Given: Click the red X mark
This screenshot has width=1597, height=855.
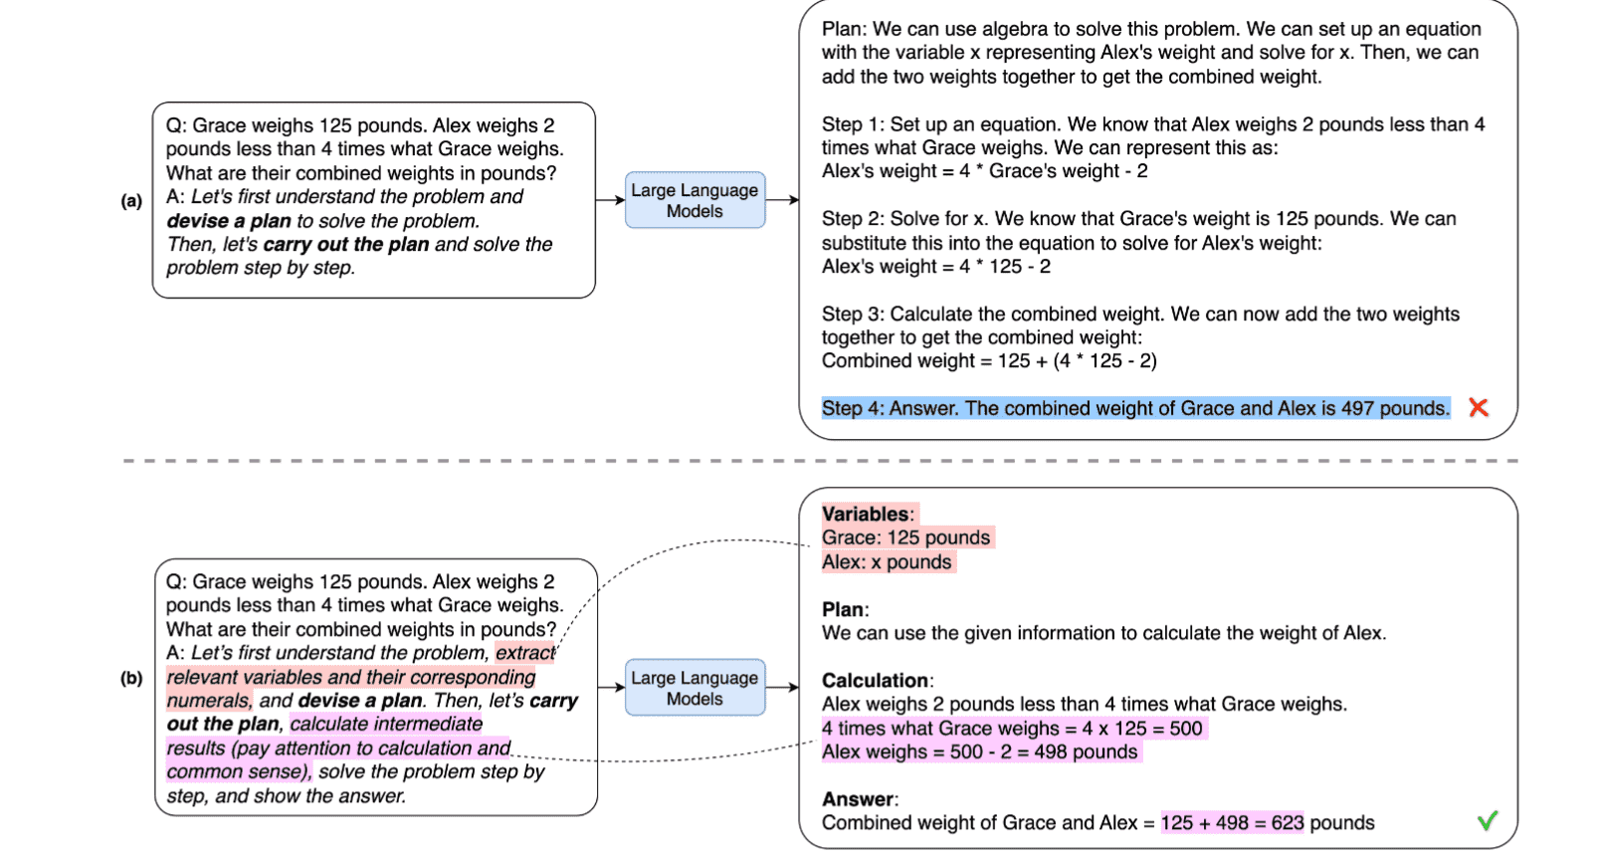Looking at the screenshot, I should (x=1479, y=407).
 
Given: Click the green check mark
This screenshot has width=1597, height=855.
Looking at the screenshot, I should (x=1488, y=821).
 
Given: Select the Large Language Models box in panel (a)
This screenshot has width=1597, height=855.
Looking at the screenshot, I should (x=695, y=200).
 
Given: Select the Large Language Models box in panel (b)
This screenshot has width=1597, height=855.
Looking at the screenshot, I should (x=695, y=688).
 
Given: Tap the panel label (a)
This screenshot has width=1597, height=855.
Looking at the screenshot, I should (x=131, y=201).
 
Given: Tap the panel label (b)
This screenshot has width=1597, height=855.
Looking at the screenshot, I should (x=131, y=679).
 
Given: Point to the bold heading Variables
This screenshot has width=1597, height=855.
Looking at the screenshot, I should (x=865, y=515).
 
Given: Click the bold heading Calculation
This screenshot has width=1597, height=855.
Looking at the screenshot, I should (x=875, y=681).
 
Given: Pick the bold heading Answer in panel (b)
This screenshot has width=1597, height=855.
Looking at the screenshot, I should (x=858, y=799).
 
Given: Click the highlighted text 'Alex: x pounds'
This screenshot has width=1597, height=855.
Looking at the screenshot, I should (x=887, y=562).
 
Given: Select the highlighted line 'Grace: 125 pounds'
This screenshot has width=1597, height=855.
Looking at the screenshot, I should (x=905, y=538).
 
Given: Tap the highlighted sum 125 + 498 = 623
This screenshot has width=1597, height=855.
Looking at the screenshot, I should (x=1232, y=823).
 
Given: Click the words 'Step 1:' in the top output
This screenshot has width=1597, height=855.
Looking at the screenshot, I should (x=853, y=124).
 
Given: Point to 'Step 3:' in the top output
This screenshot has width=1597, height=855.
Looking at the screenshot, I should (x=853, y=315).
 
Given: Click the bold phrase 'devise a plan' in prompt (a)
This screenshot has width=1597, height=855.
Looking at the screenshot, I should (x=229, y=221).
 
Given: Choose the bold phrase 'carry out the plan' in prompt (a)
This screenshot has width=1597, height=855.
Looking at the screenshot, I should (x=346, y=245).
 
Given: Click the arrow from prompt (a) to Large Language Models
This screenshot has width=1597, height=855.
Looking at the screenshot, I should (x=610, y=200).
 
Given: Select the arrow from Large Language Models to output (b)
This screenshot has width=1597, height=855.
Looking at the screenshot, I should (x=782, y=687).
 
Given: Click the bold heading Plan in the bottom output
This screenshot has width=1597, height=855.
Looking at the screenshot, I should (x=844, y=610).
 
